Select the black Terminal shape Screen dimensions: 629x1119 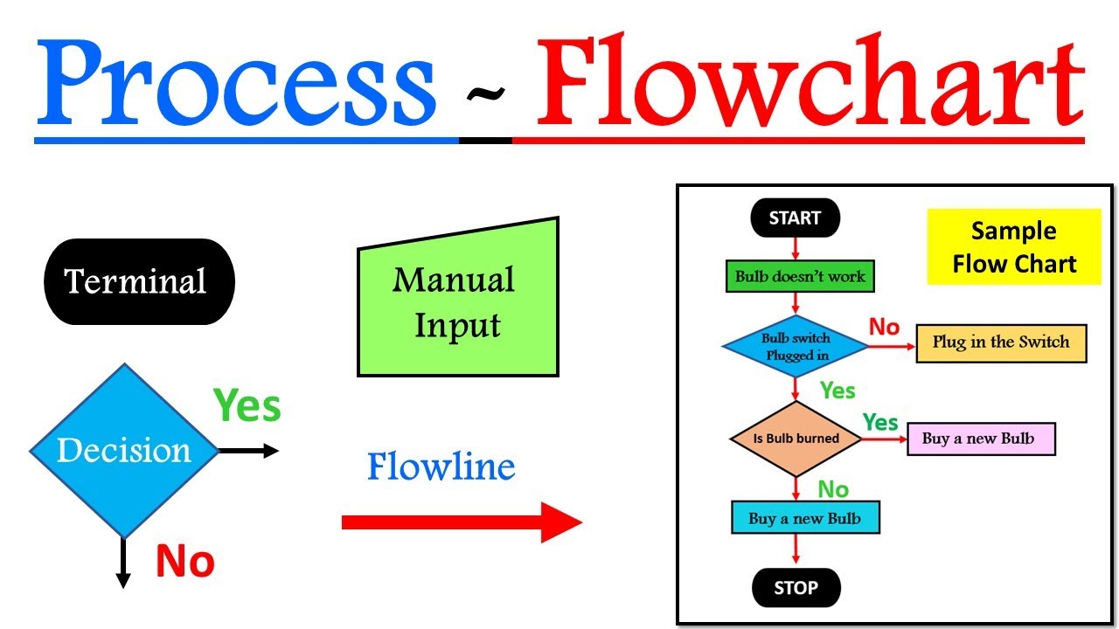(139, 281)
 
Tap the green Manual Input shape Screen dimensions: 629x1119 (457, 301)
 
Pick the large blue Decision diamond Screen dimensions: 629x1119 (123, 451)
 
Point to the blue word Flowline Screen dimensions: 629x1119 (441, 467)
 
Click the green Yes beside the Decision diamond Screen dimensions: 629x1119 (247, 406)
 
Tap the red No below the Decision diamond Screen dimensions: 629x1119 (184, 561)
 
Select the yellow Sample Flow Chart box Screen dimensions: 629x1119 (1013, 246)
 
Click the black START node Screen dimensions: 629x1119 (795, 218)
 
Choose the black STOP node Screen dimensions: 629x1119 (796, 588)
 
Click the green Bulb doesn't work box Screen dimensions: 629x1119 (799, 277)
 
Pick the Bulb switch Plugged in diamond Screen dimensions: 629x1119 (796, 347)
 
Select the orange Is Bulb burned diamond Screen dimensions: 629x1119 (796, 439)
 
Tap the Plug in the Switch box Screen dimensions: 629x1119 (1000, 342)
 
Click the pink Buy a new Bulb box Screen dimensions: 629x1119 (982, 439)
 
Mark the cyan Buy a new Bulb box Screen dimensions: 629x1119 (804, 518)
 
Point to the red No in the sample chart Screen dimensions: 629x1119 (884, 328)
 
